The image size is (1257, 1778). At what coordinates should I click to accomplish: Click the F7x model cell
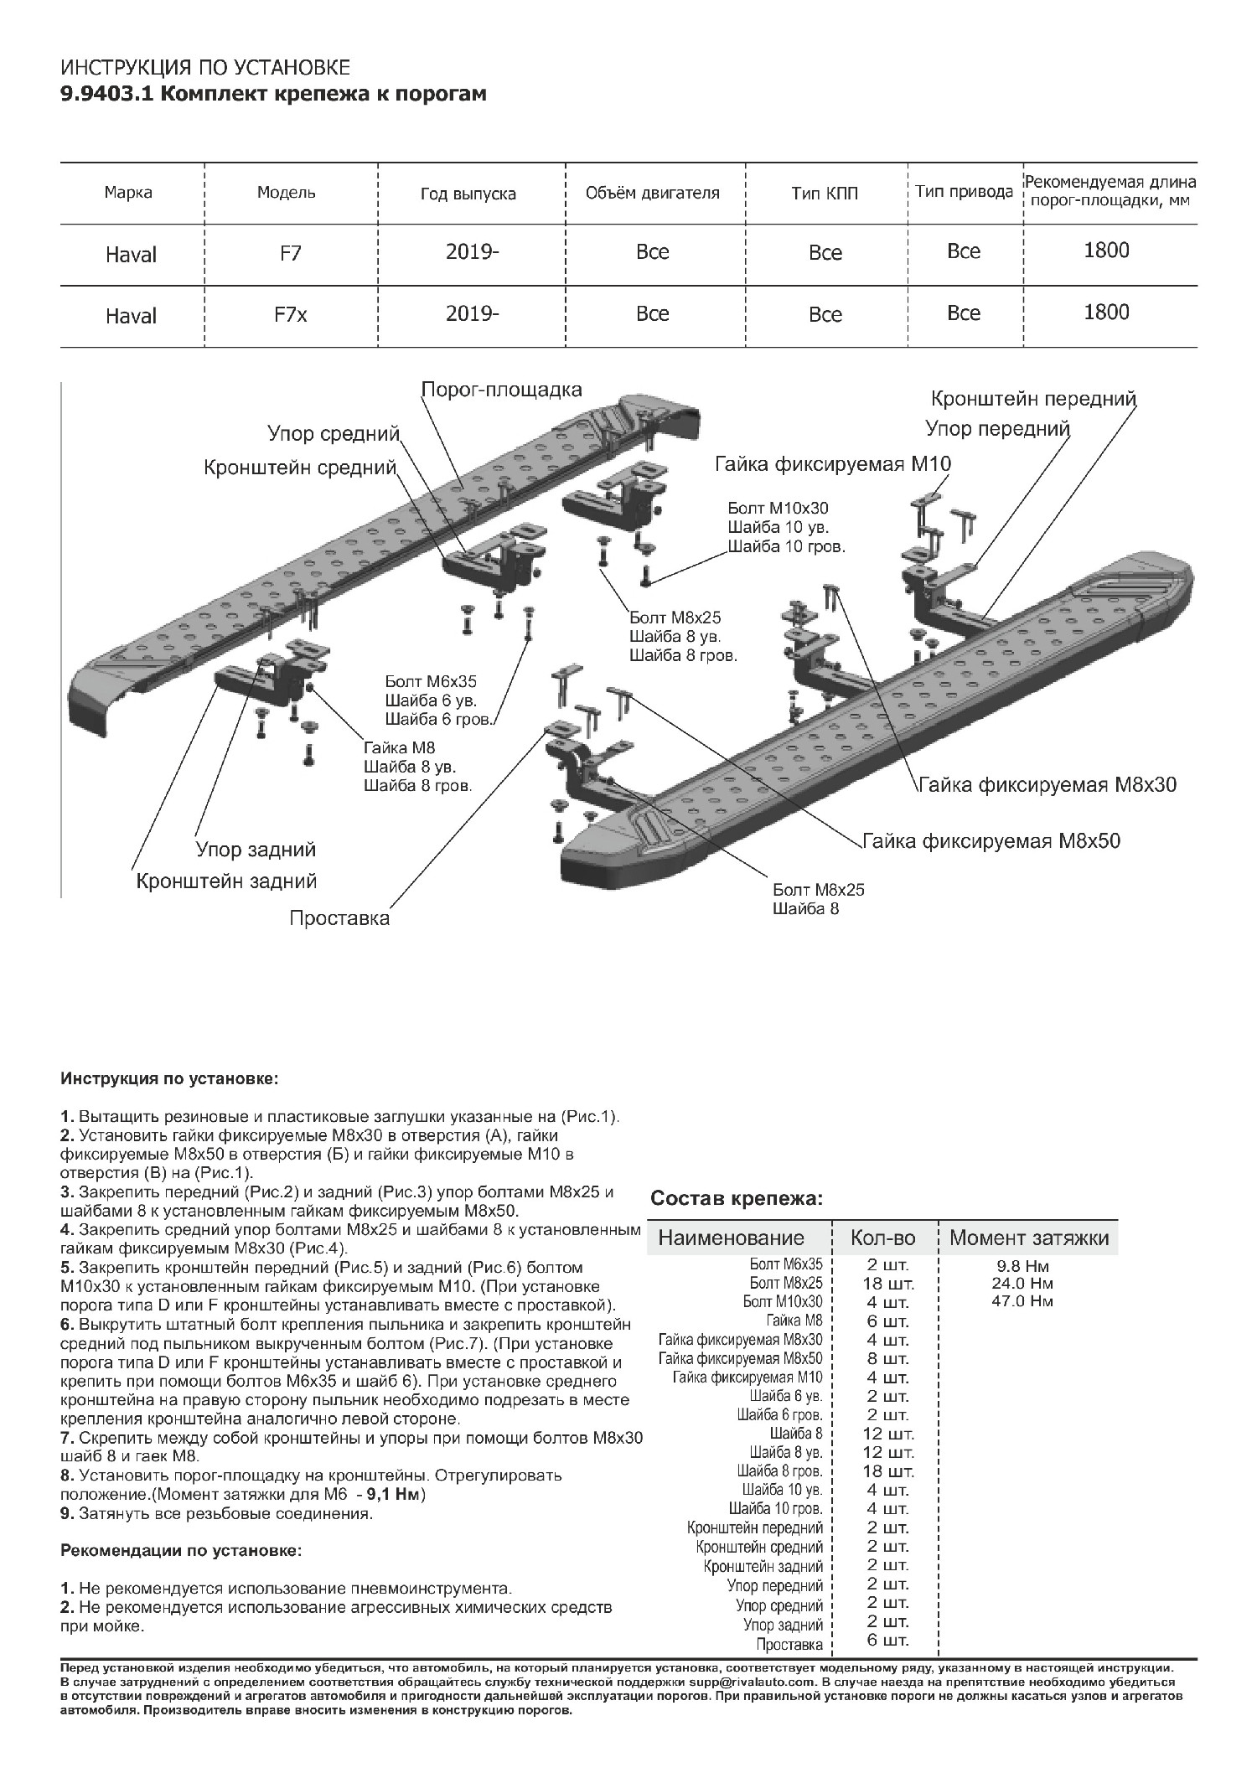292,315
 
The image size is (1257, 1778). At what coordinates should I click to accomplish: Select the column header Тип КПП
825,194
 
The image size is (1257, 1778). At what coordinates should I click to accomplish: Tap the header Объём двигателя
652,194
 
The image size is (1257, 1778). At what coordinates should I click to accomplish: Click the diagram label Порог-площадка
501,390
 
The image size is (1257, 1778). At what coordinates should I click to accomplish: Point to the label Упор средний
334,433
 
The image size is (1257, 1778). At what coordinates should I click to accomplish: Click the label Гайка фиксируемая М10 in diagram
833,464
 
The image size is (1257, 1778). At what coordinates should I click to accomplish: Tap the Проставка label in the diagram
339,918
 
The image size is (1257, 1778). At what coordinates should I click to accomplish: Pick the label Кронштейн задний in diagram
226,881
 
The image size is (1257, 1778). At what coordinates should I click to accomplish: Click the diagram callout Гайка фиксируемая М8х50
991,840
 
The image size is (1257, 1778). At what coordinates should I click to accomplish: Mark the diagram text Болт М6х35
431,682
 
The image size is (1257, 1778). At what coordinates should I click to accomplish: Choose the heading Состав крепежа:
737,1198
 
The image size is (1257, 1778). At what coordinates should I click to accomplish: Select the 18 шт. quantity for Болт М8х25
888,1284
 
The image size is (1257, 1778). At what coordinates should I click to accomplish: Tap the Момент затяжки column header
1029,1238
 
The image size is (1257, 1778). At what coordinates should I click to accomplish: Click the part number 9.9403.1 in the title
106,94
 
